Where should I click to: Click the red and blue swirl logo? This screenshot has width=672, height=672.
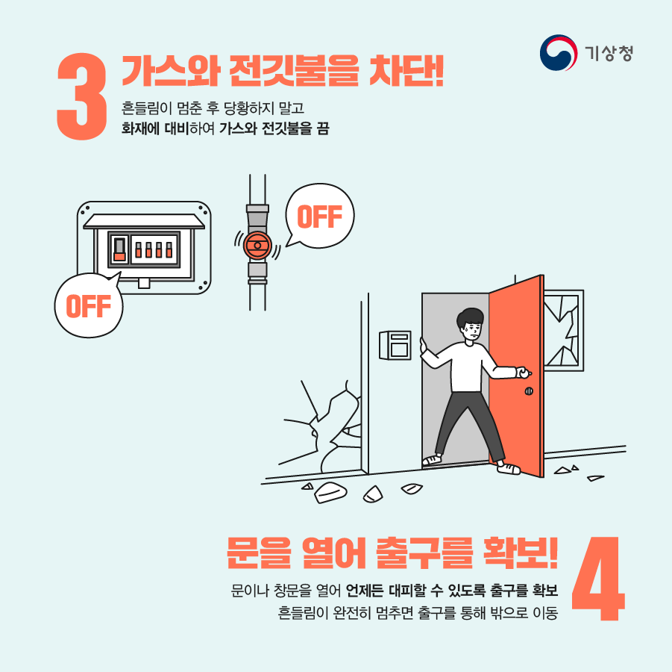(x=558, y=53)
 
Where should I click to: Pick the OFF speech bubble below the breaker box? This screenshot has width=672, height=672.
(x=88, y=305)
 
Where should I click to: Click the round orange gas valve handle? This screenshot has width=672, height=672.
(x=257, y=243)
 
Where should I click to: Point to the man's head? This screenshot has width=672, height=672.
(x=471, y=323)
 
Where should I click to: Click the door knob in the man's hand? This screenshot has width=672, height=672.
(x=525, y=373)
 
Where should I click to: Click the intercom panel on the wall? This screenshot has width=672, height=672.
(x=395, y=344)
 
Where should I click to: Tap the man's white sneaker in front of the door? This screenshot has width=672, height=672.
(x=509, y=468)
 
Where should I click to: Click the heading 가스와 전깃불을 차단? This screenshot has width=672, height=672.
(x=283, y=70)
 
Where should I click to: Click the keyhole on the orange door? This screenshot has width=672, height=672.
(x=529, y=391)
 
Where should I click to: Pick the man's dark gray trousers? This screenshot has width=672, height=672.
(x=463, y=422)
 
